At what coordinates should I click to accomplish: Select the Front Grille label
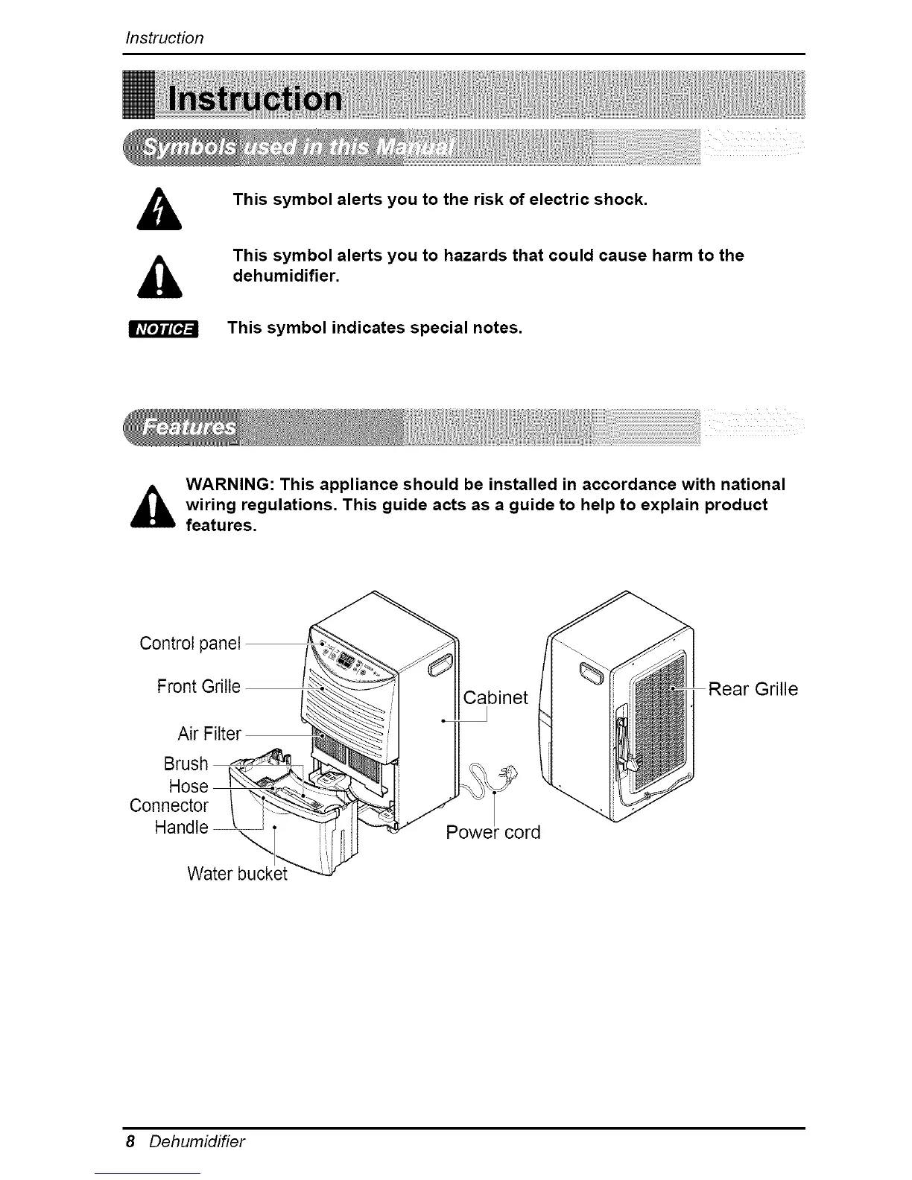(199, 686)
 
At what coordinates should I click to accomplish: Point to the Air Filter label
(209, 735)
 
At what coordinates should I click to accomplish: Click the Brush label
(186, 764)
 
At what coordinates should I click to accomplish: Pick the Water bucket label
(237, 873)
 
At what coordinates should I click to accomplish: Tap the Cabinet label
(495, 697)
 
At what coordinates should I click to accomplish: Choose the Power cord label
(493, 832)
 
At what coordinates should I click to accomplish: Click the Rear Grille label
(753, 689)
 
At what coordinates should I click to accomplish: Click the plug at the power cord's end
(510, 773)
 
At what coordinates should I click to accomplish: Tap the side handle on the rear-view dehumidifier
(591, 673)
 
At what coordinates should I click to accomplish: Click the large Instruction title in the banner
(256, 100)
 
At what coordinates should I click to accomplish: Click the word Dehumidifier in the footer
(197, 1141)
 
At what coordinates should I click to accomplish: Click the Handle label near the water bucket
(181, 827)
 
